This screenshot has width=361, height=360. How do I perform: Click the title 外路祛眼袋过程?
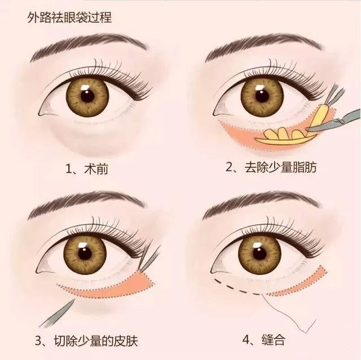[69, 17]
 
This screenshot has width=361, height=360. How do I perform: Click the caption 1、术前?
[87, 169]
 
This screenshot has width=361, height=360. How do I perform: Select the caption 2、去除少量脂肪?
[271, 167]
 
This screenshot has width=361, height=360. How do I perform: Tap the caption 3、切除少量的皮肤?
[86, 341]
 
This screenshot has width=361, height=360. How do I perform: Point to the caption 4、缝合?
[264, 340]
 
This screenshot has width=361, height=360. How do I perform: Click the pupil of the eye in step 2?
[262, 95]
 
